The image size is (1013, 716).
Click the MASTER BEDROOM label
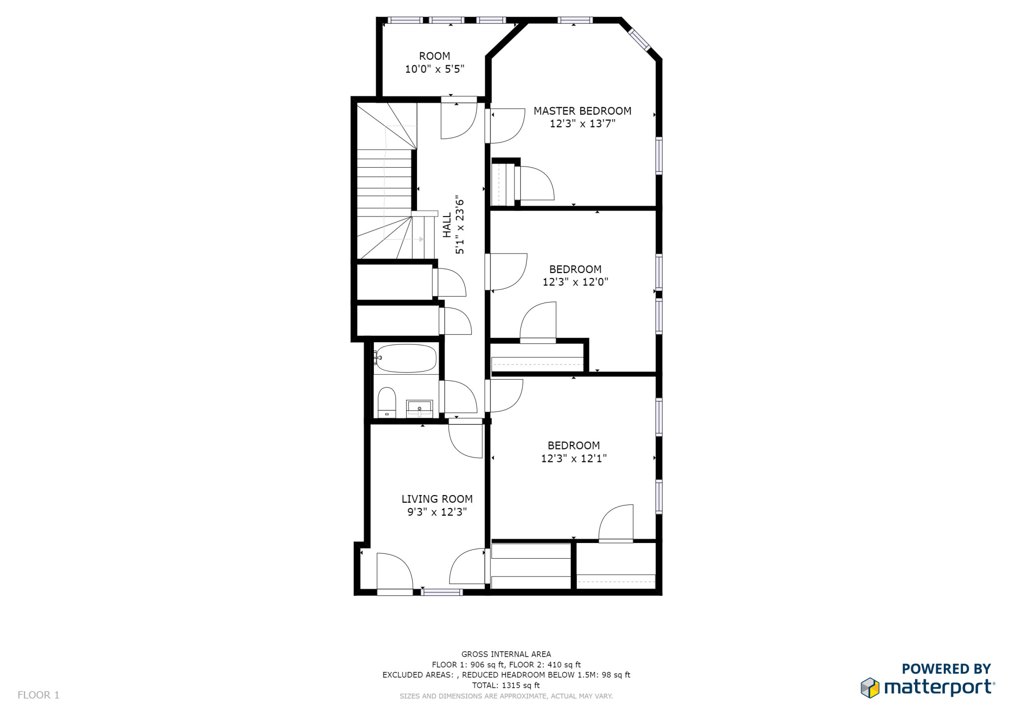coord(582,111)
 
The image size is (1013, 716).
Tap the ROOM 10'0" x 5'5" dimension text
coord(434,69)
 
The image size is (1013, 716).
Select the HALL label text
coord(447,225)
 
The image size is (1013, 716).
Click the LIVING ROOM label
coord(437,499)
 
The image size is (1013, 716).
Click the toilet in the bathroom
coord(386,402)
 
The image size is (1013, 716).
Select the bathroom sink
coord(419,408)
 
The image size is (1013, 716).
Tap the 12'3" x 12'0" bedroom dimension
coord(575,282)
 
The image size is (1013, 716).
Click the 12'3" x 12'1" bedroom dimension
coord(573,458)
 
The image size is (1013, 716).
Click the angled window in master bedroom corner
coord(639,39)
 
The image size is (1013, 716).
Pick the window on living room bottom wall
coord(442,592)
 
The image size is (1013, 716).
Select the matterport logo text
coord(938,688)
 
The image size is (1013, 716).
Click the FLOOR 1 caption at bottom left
coord(39,695)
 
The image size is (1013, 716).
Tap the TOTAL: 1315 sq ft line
coord(506,685)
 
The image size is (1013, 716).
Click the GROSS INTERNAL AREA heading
coord(506,654)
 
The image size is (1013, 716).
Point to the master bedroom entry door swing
coord(506,125)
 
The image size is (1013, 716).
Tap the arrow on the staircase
coord(421,239)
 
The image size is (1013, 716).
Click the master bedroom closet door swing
coord(536,183)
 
